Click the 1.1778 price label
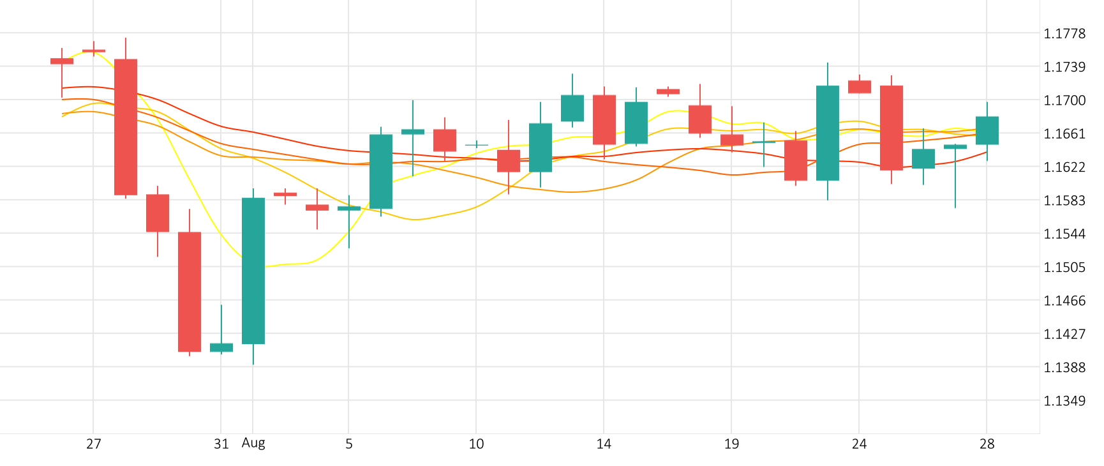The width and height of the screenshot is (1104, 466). [x=1064, y=34]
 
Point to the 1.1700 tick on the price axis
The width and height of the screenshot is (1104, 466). [x=1064, y=100]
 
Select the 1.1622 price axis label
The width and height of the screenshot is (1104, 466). [x=1064, y=167]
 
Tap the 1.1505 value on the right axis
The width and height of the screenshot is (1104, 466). [x=1064, y=267]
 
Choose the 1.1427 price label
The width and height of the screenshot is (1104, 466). [x=1064, y=334]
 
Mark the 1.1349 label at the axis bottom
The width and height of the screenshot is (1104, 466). [x=1064, y=401]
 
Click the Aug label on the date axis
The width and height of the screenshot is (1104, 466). [x=253, y=443]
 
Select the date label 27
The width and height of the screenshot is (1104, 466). [x=94, y=444]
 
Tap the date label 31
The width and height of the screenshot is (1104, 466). [x=221, y=444]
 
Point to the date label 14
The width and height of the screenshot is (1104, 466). [x=604, y=444]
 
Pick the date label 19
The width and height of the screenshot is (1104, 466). [x=731, y=444]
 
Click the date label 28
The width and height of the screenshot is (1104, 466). [x=987, y=444]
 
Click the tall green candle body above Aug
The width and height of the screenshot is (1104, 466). [x=253, y=271]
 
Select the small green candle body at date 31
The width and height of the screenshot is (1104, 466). [x=221, y=347]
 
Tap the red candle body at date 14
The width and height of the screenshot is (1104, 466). [x=604, y=119]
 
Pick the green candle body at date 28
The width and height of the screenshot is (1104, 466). [x=987, y=130]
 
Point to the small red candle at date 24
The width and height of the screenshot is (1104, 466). [x=860, y=87]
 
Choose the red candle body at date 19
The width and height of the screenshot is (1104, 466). [x=732, y=140]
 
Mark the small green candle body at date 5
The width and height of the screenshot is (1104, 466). [x=349, y=208]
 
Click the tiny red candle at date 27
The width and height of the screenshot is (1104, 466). [x=94, y=50]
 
